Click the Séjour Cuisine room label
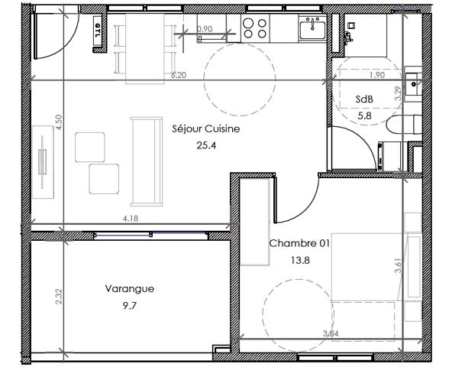(x=206, y=129)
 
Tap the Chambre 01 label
(x=299, y=244)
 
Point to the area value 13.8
(x=299, y=260)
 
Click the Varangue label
(x=129, y=289)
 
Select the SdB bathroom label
(x=364, y=100)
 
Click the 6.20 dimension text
(x=179, y=76)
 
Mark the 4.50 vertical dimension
(x=58, y=123)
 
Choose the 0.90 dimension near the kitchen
(x=205, y=29)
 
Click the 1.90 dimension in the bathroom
(x=376, y=76)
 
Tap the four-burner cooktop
(x=255, y=28)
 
